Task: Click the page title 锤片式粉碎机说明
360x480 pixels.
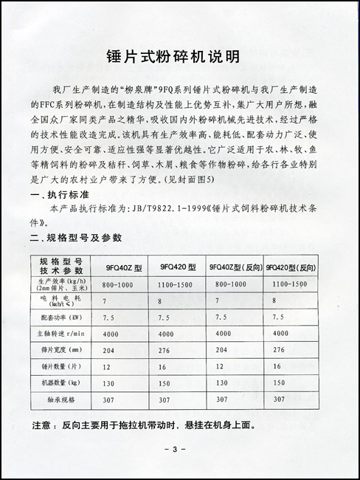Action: pyautogui.click(x=180, y=56)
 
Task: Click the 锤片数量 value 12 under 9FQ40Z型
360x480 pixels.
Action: pyautogui.click(x=107, y=367)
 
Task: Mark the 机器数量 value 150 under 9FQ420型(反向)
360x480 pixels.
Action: pyautogui.click(x=277, y=383)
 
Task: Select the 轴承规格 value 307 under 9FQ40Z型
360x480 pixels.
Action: pyautogui.click(x=109, y=400)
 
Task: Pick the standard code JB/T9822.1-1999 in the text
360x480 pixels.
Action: pyautogui.click(x=170, y=209)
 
